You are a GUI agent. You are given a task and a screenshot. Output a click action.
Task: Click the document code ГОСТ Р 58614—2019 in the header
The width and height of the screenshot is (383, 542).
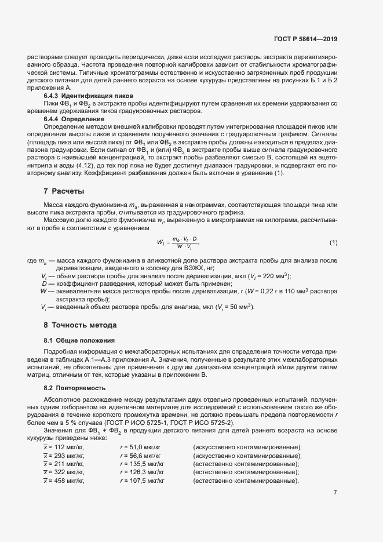[x=306, y=39]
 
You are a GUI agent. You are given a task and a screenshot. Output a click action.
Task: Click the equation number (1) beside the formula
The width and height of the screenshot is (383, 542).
[x=333, y=242]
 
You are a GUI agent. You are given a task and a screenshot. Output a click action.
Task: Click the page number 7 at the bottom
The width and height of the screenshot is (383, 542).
[x=335, y=493]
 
